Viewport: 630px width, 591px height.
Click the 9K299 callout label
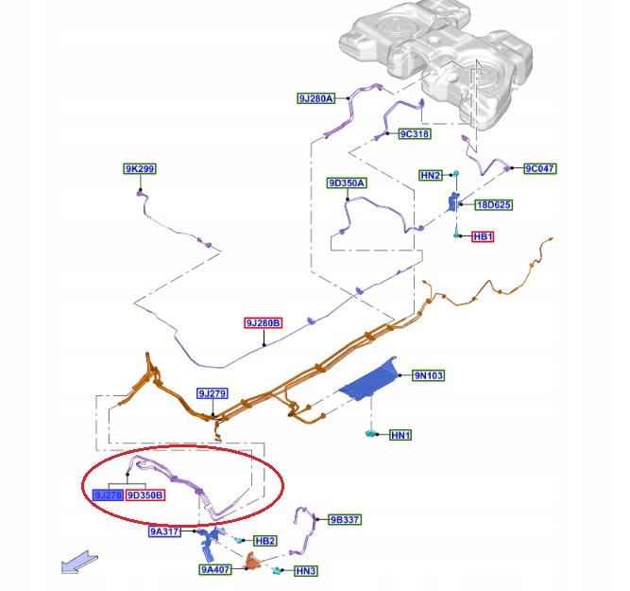tap(139, 169)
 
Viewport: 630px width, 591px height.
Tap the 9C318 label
tap(414, 134)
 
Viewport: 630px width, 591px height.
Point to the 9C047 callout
tap(540, 169)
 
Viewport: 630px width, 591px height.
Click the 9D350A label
tap(347, 183)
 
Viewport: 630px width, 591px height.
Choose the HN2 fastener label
tap(431, 175)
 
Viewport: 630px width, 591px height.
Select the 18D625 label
tap(493, 204)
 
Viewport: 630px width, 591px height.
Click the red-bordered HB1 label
tap(483, 236)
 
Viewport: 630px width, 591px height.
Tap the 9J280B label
tap(264, 323)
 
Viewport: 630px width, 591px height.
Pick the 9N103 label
tap(428, 375)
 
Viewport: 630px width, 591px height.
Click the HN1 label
tap(400, 435)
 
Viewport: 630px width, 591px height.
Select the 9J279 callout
tap(213, 393)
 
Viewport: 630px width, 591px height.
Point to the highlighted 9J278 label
tap(108, 495)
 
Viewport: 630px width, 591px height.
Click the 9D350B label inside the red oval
tap(145, 495)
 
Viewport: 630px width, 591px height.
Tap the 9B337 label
tap(345, 519)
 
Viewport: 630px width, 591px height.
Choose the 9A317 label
tap(164, 532)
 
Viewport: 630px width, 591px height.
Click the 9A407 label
tap(214, 570)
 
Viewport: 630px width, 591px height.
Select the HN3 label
tap(305, 571)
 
